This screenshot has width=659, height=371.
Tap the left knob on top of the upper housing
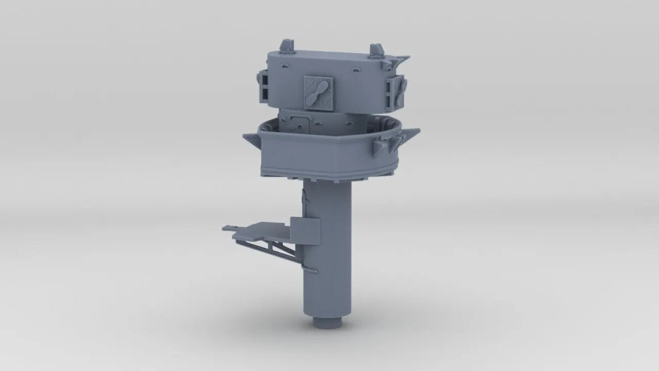(286, 46)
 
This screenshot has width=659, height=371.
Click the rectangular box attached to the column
(305, 231)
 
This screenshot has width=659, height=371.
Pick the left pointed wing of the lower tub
(251, 139)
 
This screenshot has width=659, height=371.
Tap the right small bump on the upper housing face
(356, 69)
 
